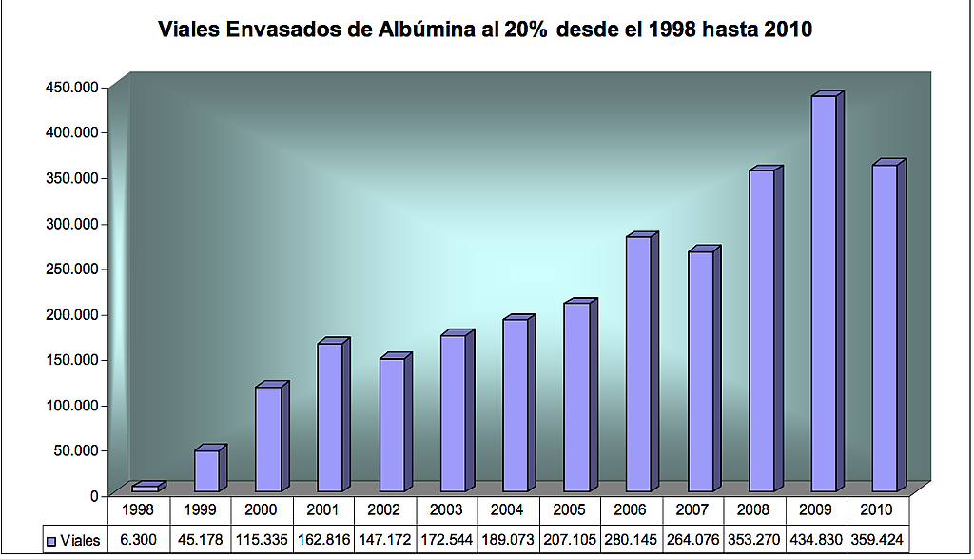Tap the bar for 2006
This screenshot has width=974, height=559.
(x=638, y=364)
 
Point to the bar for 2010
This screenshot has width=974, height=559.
(x=885, y=328)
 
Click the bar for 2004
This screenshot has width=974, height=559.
(x=515, y=405)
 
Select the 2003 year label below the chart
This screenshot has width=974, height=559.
(x=446, y=510)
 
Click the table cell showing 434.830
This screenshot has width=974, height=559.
(x=816, y=540)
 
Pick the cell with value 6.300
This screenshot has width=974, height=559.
(x=138, y=540)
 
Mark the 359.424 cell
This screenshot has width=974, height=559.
(x=878, y=540)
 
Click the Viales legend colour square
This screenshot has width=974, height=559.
(x=51, y=541)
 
